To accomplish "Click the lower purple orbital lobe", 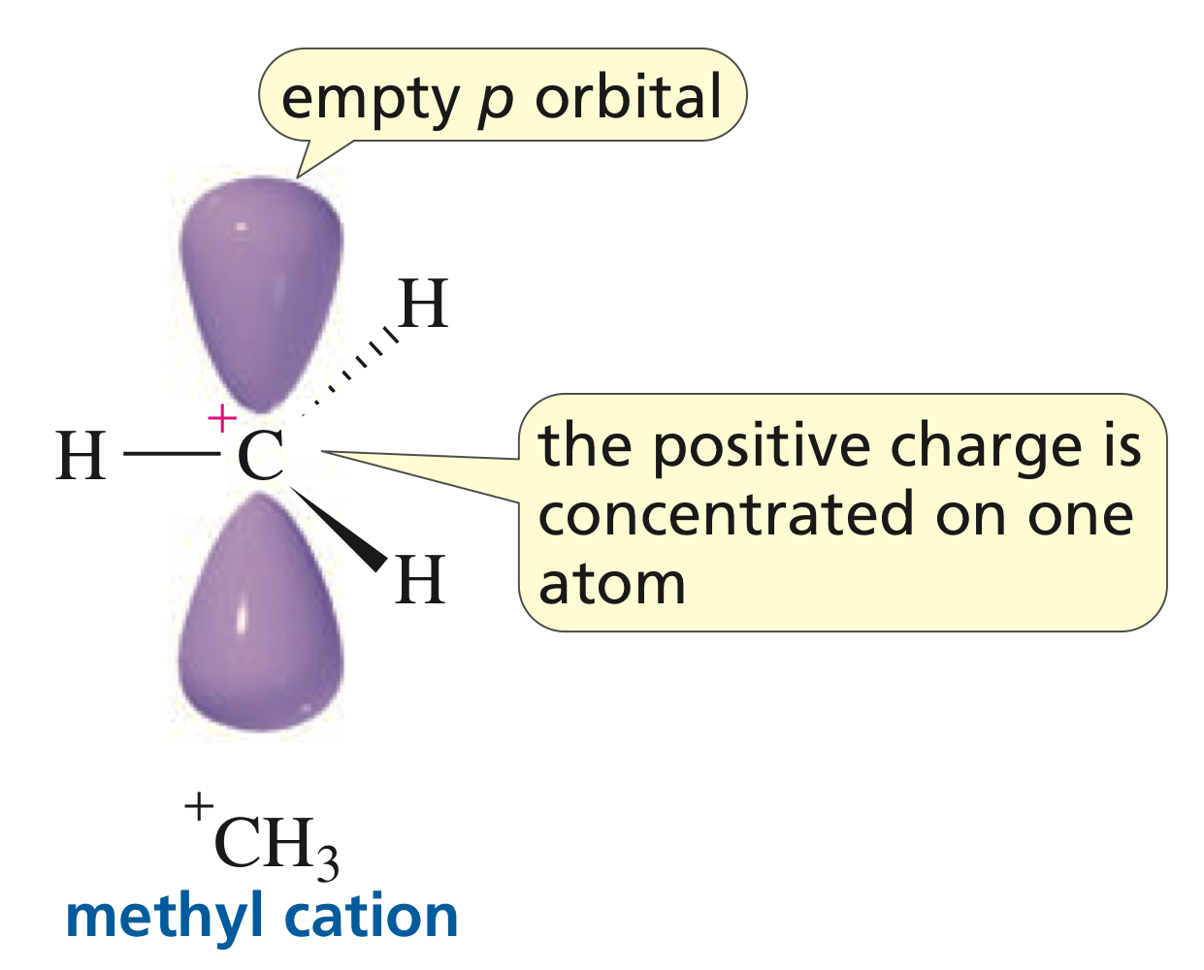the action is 260,621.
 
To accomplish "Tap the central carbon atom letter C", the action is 260,456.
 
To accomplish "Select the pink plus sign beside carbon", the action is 222,419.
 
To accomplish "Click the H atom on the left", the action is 81,456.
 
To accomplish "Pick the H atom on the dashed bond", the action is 423,305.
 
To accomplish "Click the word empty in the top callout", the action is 370,99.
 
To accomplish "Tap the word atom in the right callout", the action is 612,584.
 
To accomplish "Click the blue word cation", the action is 373,916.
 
